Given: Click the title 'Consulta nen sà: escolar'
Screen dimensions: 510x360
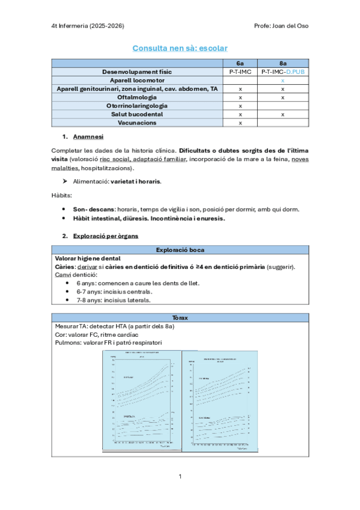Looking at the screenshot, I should click(180, 48).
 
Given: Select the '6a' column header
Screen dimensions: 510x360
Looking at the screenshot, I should click(240, 63).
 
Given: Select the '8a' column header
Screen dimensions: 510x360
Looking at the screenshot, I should click(282, 63).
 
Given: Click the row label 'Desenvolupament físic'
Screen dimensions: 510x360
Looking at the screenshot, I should click(136, 71).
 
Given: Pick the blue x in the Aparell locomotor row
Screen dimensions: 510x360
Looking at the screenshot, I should click(282, 80).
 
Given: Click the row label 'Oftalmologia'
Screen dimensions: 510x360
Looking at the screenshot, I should click(136, 97).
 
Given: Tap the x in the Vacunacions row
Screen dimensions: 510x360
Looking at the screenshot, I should click(240, 123).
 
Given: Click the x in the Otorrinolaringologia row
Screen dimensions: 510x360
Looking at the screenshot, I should click(240, 105).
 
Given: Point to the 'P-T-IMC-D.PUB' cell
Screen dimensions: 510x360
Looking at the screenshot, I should click(282, 71).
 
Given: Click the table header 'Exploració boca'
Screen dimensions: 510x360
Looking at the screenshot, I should click(180, 250).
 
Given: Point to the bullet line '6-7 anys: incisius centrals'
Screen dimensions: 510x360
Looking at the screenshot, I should click(114, 291).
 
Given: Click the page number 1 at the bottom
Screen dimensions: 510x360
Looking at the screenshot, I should click(180, 476).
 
